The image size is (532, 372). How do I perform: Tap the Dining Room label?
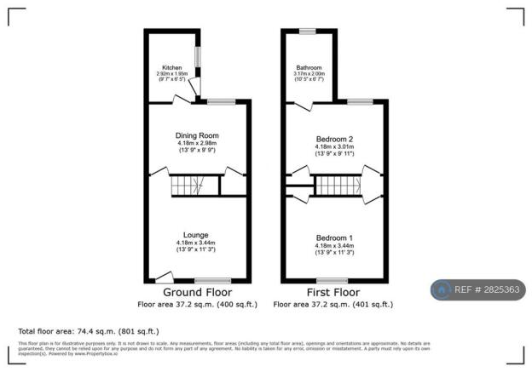[x=197, y=135]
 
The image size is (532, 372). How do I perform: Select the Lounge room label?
[x=197, y=234]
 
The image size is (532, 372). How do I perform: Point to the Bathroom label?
[x=309, y=68]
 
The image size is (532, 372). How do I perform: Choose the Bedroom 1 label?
[x=333, y=238]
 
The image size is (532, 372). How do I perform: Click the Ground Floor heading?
[x=197, y=292]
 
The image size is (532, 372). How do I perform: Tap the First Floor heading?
[x=333, y=292]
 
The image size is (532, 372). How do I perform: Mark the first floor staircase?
[x=335, y=185]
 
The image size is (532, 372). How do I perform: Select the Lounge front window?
[x=212, y=280]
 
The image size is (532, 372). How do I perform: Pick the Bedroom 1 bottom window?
[x=332, y=280]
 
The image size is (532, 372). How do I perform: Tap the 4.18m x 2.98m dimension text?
[x=197, y=144]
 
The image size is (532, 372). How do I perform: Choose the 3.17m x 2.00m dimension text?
[x=309, y=75]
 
